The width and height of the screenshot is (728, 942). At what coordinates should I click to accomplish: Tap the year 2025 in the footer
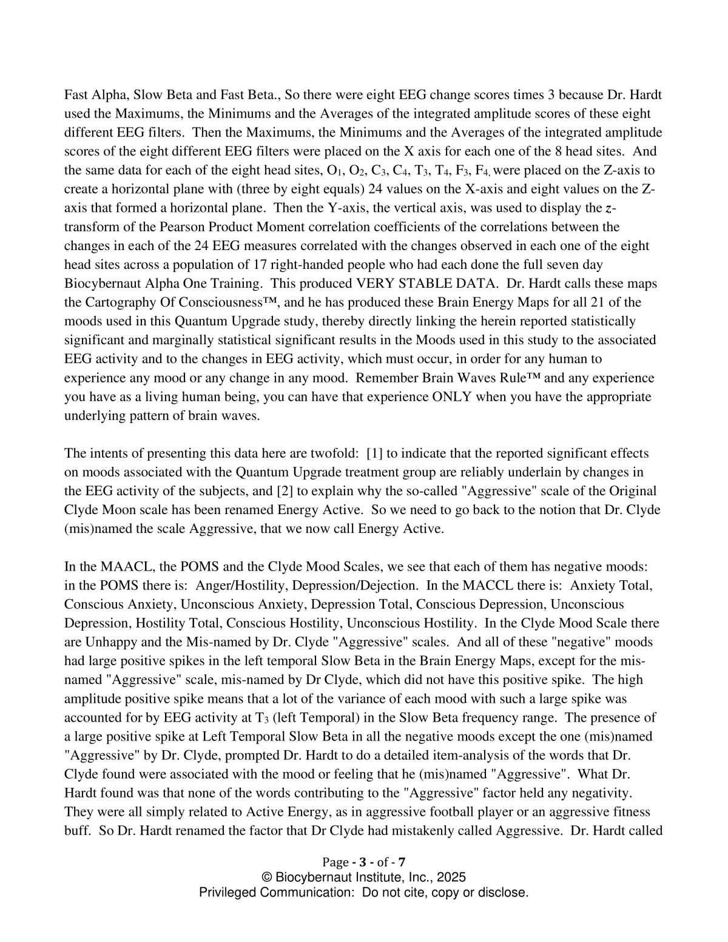[451, 877]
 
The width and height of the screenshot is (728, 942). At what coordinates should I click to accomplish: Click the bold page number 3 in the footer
[362, 862]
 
